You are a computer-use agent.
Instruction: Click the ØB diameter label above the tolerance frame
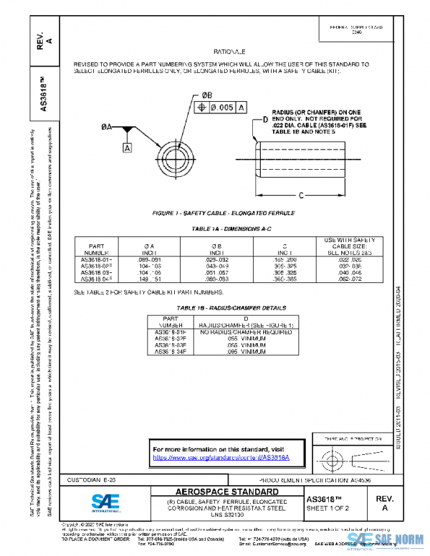click(206, 95)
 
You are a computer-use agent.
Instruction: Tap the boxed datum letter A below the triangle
click(127, 148)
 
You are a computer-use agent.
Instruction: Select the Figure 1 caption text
click(223, 214)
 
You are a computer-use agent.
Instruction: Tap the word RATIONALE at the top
click(229, 52)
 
